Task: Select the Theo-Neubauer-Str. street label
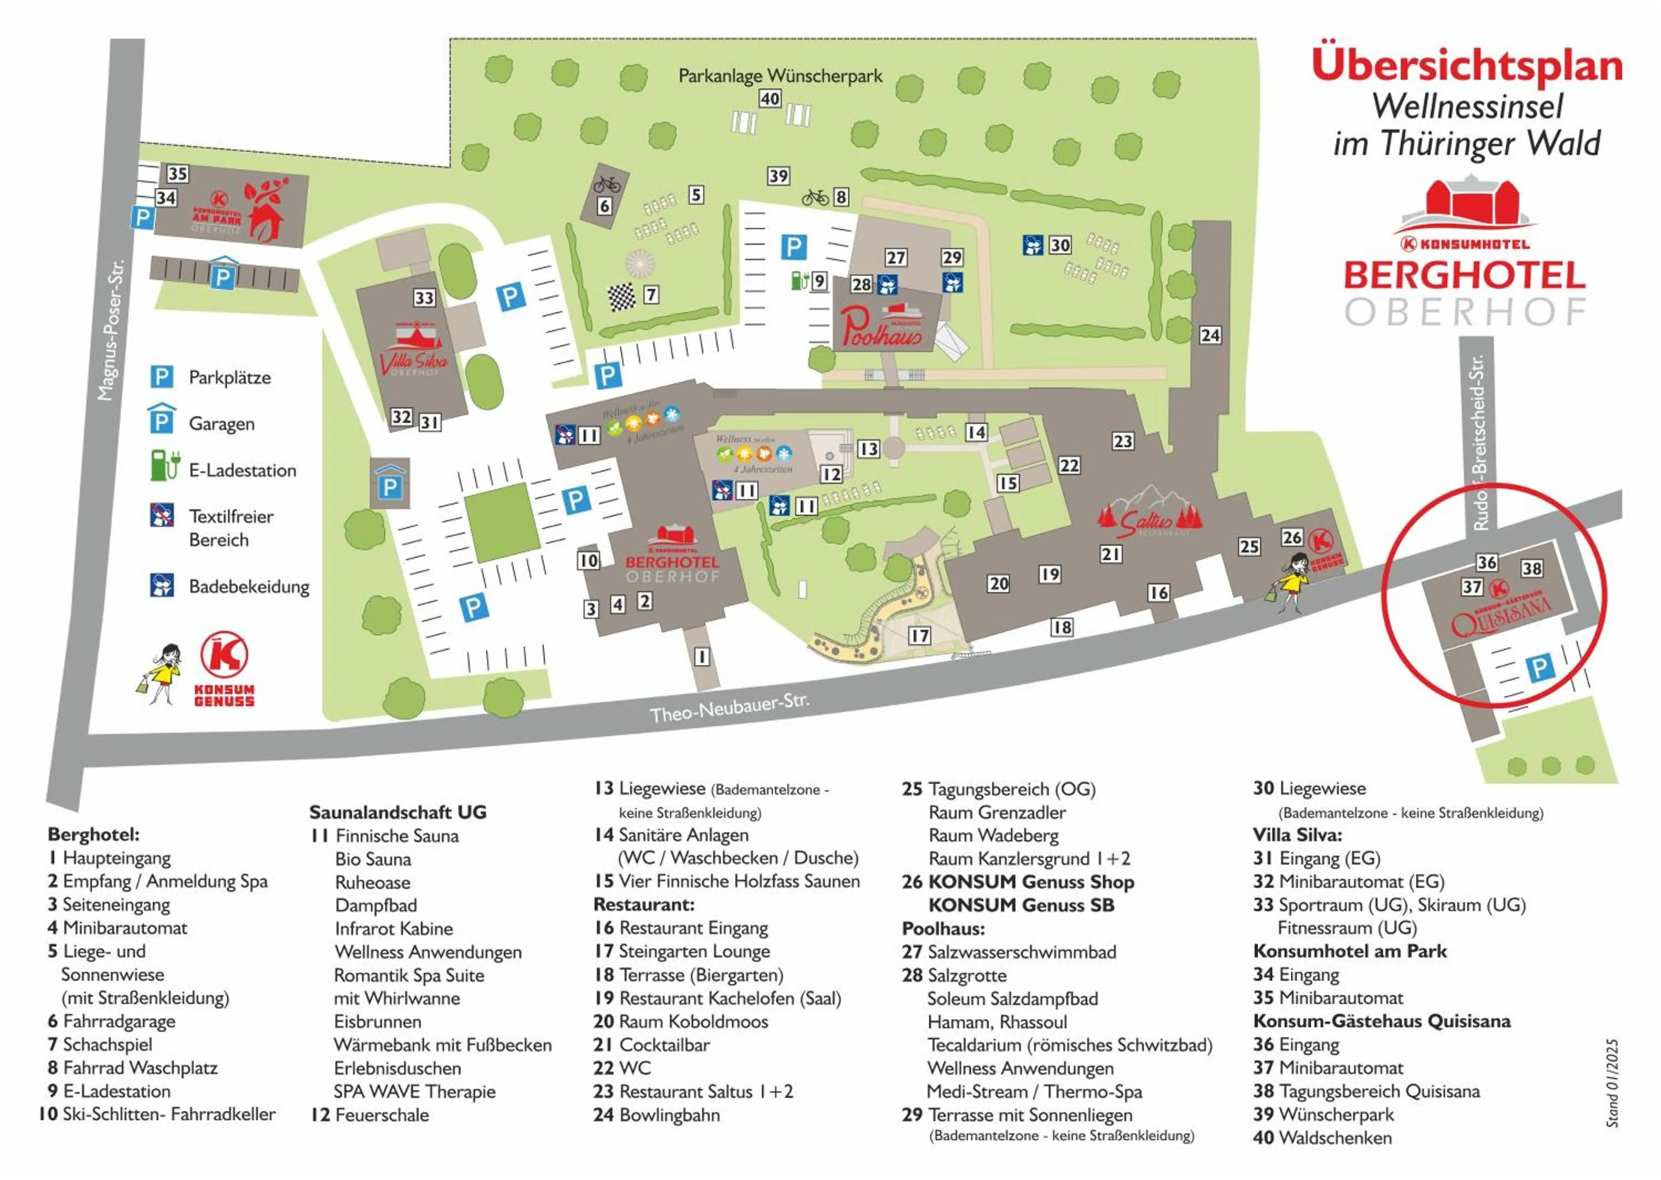click(729, 708)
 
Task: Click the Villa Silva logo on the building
click(414, 358)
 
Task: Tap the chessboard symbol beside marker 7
click(622, 297)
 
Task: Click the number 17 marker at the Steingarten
click(920, 636)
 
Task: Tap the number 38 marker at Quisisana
click(1531, 568)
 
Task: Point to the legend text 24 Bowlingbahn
click(657, 1115)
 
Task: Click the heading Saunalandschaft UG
click(398, 811)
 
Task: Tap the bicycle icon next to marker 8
click(815, 198)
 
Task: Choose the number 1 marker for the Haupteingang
click(701, 657)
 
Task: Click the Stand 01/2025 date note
click(1612, 1083)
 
